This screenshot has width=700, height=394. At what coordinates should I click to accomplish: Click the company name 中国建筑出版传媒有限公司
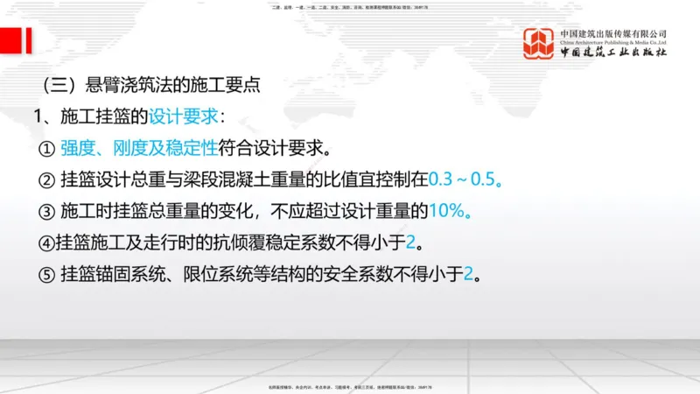click(613, 34)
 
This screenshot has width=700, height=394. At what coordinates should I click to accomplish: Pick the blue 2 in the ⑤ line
click(468, 274)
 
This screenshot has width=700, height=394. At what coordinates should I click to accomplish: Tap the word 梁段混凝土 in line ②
click(224, 179)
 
